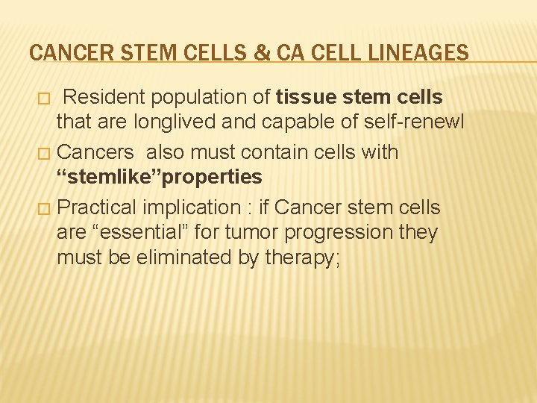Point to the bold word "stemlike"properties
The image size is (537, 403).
pos(160,177)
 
